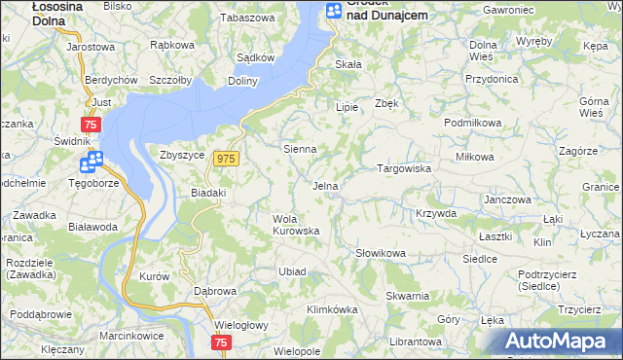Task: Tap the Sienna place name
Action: click(300, 150)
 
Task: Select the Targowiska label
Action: click(404, 168)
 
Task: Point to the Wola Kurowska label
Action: click(296, 225)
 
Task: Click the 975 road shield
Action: click(228, 159)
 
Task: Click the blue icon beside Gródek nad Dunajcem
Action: click(334, 11)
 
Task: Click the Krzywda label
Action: click(435, 213)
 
